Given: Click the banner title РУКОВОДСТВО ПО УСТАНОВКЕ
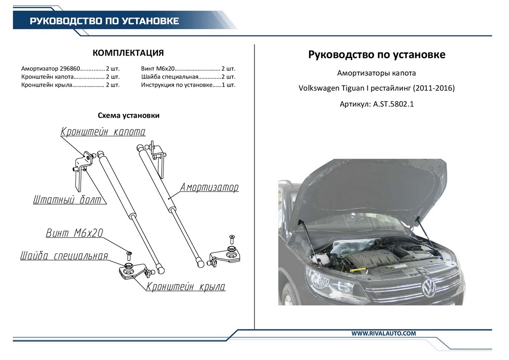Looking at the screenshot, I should [104, 21].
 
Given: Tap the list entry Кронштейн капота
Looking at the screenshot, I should [48, 77].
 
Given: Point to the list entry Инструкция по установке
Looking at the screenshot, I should [176, 85].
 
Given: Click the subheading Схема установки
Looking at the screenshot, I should [129, 115].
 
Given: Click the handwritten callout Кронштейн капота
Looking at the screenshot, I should [103, 132].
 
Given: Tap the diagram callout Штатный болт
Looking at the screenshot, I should [67, 200].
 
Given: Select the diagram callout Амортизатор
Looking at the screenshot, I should [210, 187].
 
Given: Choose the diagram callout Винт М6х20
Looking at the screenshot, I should [74, 233].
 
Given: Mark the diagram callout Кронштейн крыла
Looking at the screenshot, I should [186, 287].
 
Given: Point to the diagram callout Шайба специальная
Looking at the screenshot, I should [64, 256].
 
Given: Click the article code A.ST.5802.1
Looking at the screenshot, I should [393, 104].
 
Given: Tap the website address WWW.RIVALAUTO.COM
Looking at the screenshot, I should [383, 334].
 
